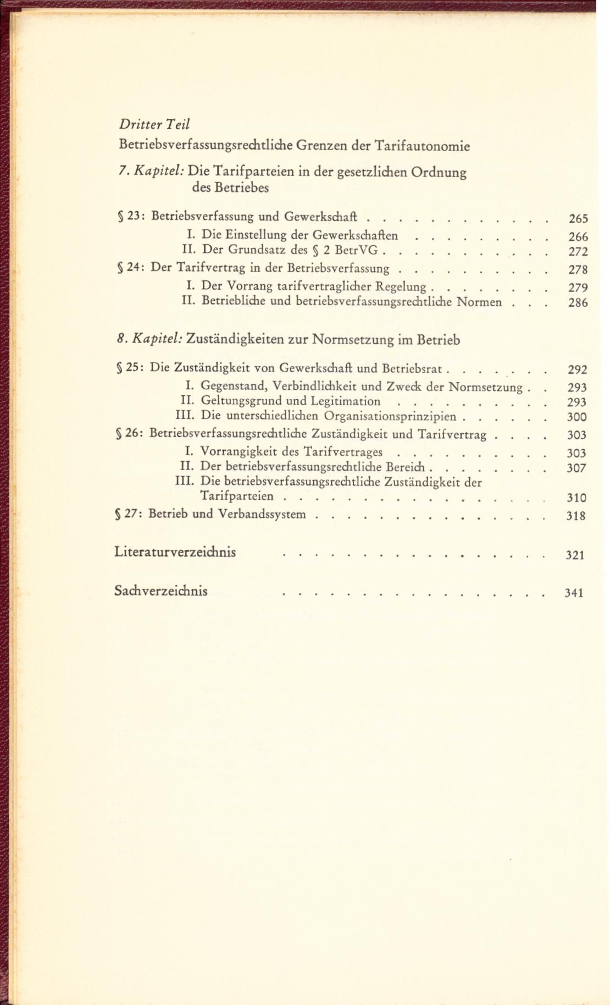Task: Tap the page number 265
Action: tap(578, 219)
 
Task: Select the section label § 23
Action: tap(130, 216)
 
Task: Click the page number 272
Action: tap(578, 252)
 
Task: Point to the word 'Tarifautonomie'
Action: tap(422, 146)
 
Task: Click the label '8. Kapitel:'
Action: tap(149, 339)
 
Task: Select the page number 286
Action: tap(578, 302)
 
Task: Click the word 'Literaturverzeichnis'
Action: tap(175, 551)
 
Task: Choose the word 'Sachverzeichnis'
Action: tap(161, 591)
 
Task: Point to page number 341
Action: tap(574, 593)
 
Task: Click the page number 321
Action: tap(575, 555)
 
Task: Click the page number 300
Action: tap(577, 417)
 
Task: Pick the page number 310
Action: tap(576, 498)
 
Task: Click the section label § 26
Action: tap(129, 434)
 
